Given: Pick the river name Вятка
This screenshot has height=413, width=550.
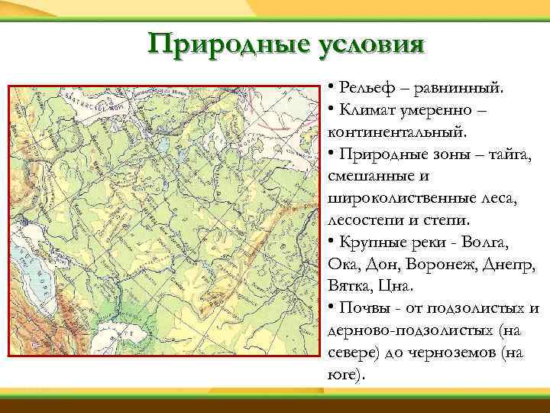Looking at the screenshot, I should coord(350,287).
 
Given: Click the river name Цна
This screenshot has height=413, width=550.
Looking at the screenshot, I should coord(398,287).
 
